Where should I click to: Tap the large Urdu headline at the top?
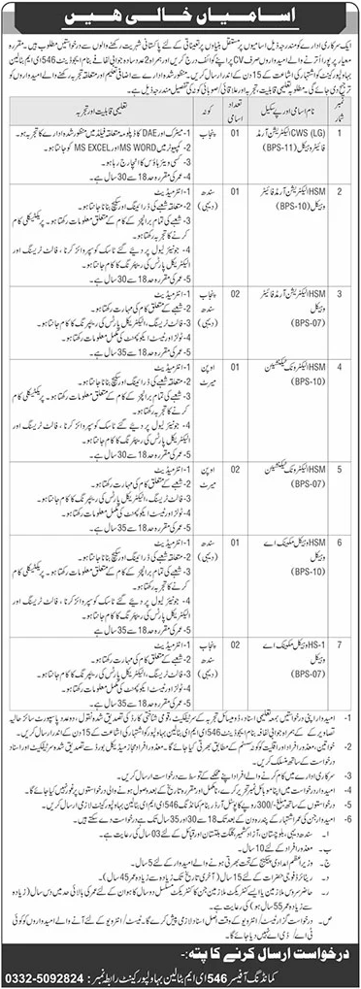tap(180, 18)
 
